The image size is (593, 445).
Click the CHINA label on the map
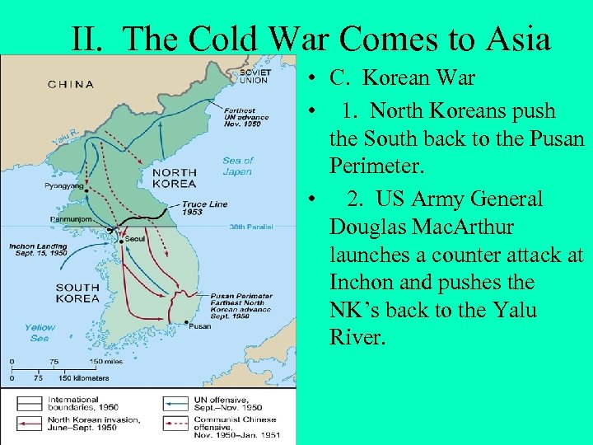point(71,84)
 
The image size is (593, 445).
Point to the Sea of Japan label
point(238,166)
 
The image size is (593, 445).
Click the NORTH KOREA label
point(174,178)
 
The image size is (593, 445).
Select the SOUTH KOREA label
point(77,293)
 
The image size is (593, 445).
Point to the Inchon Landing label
point(38,249)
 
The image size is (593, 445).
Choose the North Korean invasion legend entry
point(91,424)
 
